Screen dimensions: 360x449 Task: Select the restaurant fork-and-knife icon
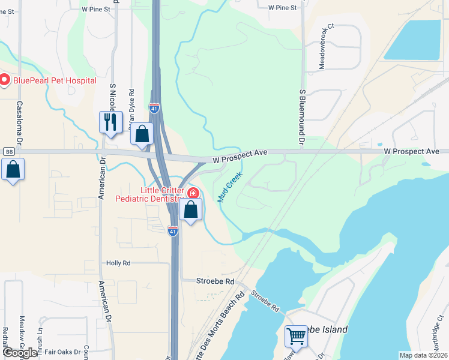(110, 122)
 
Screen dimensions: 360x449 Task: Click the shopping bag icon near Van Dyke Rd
(142, 133)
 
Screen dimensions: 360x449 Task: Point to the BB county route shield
(9, 151)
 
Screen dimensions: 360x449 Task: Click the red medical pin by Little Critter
(193, 193)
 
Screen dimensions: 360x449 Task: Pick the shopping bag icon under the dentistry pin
(191, 210)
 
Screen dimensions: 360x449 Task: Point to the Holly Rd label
(118, 263)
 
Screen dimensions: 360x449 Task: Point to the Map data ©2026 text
(424, 355)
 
